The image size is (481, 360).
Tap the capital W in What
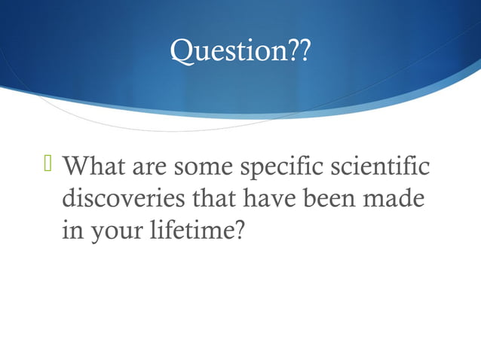tap(76, 166)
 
